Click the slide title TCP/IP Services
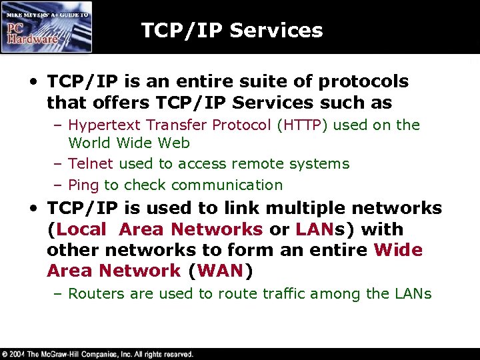pyautogui.click(x=231, y=30)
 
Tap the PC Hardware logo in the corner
pyautogui.click(x=46, y=27)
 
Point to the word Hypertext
pyautogui.click(x=102, y=125)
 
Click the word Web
pyautogui.click(x=175, y=143)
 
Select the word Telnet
pyautogui.click(x=89, y=163)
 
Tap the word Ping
pyautogui.click(x=83, y=185)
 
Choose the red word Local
pyautogui.click(x=81, y=229)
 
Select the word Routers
pyautogui.click(x=95, y=293)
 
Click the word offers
pyautogui.click(x=109, y=103)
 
